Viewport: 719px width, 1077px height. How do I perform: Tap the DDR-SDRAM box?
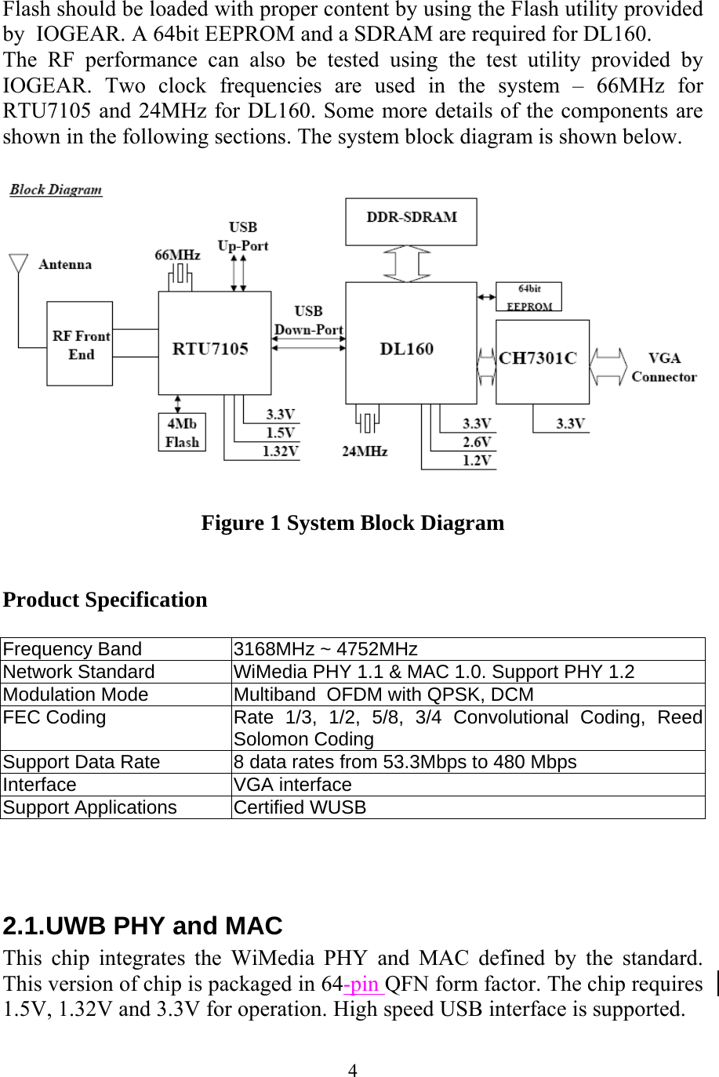coord(411,221)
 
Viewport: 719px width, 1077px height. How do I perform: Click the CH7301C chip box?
coord(542,361)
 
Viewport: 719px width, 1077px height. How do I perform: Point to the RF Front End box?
coord(80,344)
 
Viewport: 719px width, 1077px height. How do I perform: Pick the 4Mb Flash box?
coord(182,433)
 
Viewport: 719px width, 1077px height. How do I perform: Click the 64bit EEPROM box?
coord(528,297)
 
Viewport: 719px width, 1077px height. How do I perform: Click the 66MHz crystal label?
coord(177,255)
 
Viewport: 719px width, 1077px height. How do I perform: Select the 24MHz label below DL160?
coord(365,451)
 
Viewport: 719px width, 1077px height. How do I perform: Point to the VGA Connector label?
coord(663,368)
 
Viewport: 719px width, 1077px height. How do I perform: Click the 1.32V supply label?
coord(280,451)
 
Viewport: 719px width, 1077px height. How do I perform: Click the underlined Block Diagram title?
coord(56,190)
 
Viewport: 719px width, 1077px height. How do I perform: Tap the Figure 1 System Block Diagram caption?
coord(353,523)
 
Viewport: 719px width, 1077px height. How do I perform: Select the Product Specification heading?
coord(106,600)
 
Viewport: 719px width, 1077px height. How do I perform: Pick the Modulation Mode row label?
coord(75,694)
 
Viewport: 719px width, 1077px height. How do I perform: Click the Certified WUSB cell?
coord(300,807)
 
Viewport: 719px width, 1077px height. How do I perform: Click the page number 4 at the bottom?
coord(354,1070)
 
